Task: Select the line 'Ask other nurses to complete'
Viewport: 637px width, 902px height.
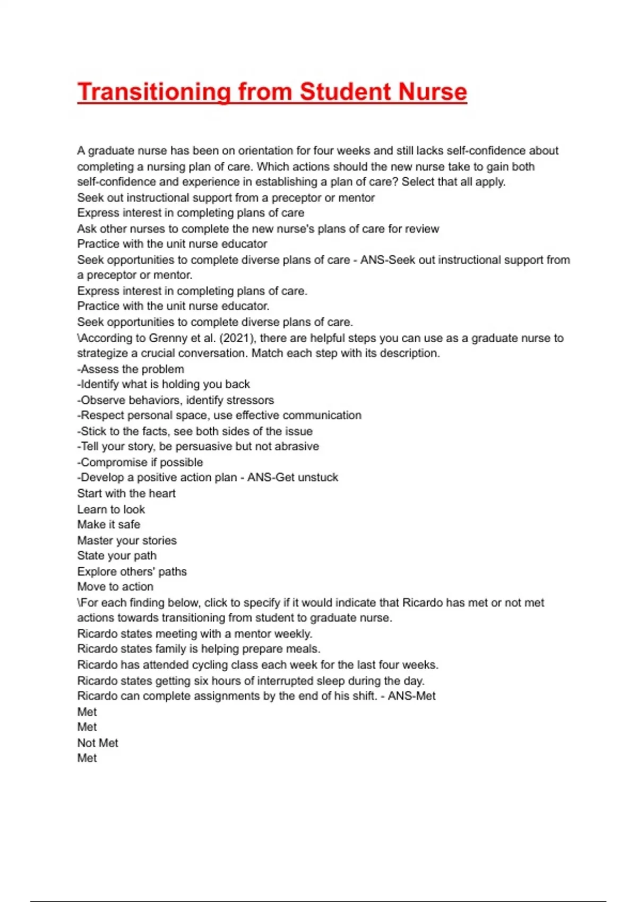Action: [258, 229]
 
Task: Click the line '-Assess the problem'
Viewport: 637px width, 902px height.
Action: [131, 369]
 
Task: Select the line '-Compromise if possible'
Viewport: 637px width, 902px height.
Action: [140, 462]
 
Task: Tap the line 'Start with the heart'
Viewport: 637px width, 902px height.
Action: [126, 493]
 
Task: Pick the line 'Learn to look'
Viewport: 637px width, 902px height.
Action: [111, 509]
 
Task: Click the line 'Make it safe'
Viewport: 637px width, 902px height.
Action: [109, 525]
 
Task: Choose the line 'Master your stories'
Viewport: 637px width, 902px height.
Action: [127, 541]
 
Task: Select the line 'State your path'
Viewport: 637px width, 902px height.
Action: [117, 556]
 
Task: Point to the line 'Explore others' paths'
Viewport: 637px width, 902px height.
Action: [132, 571]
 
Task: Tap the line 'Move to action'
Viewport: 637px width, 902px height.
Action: [115, 587]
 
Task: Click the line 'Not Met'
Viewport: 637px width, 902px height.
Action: [98, 743]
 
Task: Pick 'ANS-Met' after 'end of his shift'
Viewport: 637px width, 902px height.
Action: [411, 696]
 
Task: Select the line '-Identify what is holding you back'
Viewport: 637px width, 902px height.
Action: [163, 384]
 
